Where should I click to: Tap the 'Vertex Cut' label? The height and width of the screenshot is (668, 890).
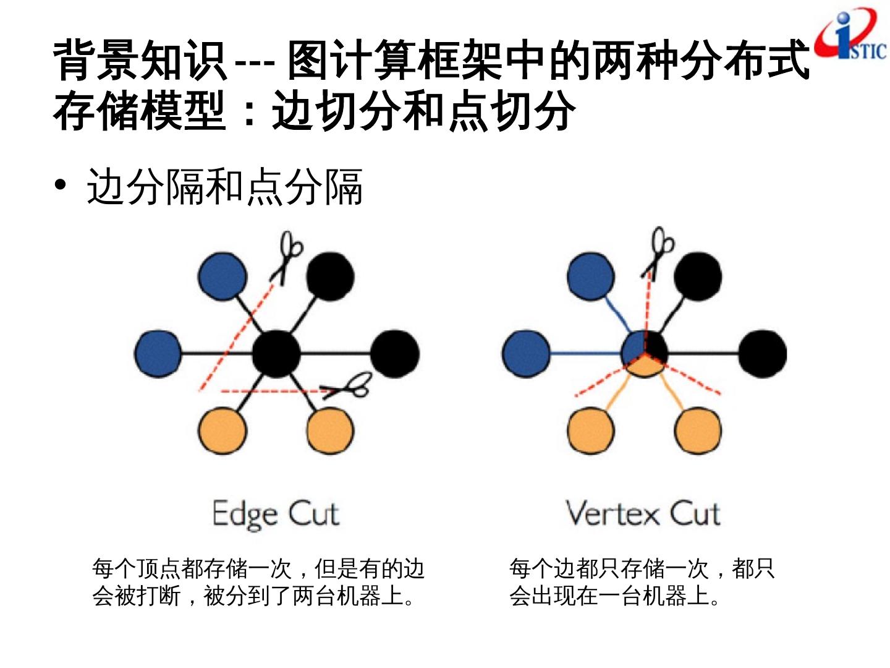pyautogui.click(x=643, y=513)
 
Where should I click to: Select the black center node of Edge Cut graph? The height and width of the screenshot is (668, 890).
pyautogui.click(x=276, y=354)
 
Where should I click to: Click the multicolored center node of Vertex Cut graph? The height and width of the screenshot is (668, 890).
pyautogui.click(x=644, y=354)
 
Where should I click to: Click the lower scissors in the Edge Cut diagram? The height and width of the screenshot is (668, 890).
pyautogui.click(x=350, y=386)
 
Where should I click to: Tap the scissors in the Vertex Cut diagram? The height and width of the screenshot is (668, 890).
pyautogui.click(x=658, y=250)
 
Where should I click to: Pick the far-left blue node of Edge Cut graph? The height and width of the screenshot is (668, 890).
pyautogui.click(x=158, y=354)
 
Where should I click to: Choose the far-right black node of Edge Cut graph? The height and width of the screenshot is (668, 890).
pyautogui.click(x=396, y=354)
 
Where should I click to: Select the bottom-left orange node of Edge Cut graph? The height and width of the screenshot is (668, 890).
pyautogui.click(x=222, y=430)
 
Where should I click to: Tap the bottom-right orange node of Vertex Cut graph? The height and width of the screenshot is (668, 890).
pyautogui.click(x=698, y=430)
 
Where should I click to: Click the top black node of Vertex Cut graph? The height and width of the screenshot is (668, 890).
pyautogui.click(x=698, y=276)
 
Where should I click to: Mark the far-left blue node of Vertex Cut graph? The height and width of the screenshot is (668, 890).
pyautogui.click(x=526, y=354)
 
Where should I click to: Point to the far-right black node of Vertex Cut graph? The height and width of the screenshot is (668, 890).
pyautogui.click(x=763, y=354)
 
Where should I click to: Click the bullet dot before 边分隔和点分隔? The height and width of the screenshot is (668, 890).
pyautogui.click(x=60, y=186)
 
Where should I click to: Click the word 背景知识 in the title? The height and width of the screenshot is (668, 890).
pyautogui.click(x=139, y=61)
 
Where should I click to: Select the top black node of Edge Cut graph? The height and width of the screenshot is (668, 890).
pyautogui.click(x=330, y=276)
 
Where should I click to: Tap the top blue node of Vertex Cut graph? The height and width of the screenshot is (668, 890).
pyautogui.click(x=591, y=276)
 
